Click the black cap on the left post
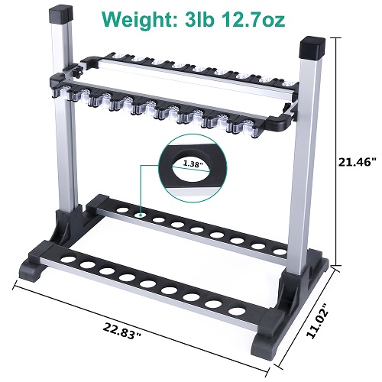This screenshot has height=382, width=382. (x=61, y=15)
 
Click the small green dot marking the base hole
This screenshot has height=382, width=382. (x=141, y=215)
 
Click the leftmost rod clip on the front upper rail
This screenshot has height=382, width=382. (x=74, y=95)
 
